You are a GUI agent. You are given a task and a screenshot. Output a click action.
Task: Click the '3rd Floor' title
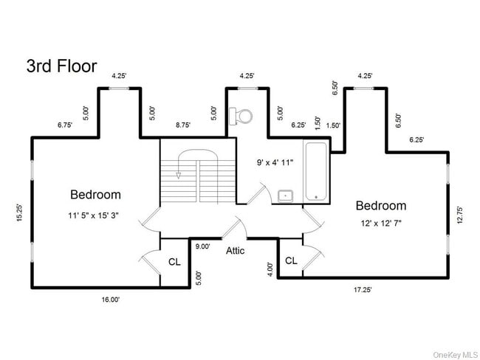[x=61, y=66]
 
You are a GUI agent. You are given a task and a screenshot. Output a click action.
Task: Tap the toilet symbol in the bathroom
[x=241, y=115]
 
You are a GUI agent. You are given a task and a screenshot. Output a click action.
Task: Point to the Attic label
[x=236, y=251]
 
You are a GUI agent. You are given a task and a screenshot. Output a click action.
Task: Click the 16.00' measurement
[x=111, y=300]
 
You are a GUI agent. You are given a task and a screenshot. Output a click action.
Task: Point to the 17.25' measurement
[x=362, y=290]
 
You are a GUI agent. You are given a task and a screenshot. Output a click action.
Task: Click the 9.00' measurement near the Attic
[x=202, y=247]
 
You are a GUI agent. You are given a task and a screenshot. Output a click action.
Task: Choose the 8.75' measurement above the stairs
[x=183, y=125]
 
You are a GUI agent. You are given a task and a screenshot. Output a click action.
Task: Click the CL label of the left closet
[x=174, y=262]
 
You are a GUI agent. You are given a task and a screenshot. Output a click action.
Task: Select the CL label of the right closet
[x=291, y=260]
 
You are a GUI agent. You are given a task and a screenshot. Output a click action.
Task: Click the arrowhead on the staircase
[x=178, y=176]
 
